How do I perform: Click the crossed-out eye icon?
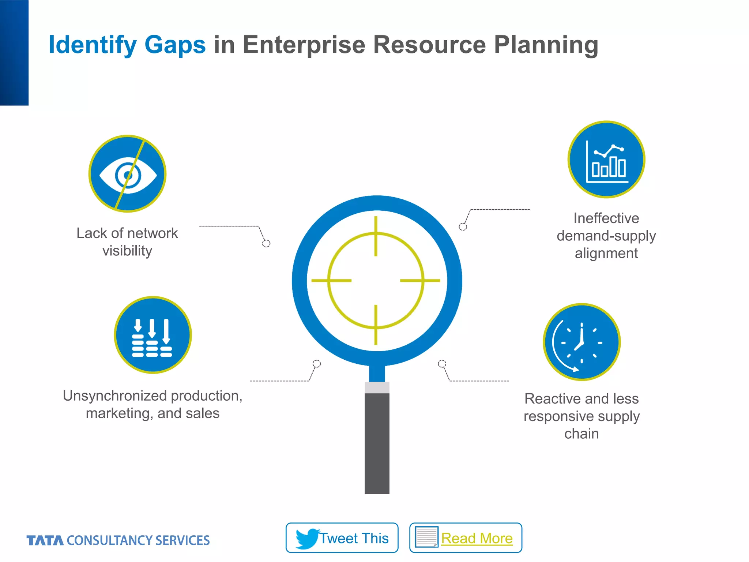click(127, 174)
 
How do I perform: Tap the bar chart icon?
click(606, 160)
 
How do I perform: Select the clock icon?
click(581, 342)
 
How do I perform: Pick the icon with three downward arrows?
click(153, 335)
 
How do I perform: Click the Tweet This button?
click(342, 538)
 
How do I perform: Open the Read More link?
click(477, 538)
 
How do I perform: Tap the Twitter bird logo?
click(307, 538)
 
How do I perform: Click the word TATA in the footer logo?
click(45, 540)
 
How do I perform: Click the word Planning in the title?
click(546, 45)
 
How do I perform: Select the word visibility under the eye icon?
click(127, 251)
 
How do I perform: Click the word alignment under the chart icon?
click(606, 253)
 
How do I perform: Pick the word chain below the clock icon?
click(581, 434)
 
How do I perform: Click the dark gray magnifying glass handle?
click(377, 443)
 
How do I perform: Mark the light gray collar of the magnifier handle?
click(377, 387)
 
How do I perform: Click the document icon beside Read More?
click(426, 537)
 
